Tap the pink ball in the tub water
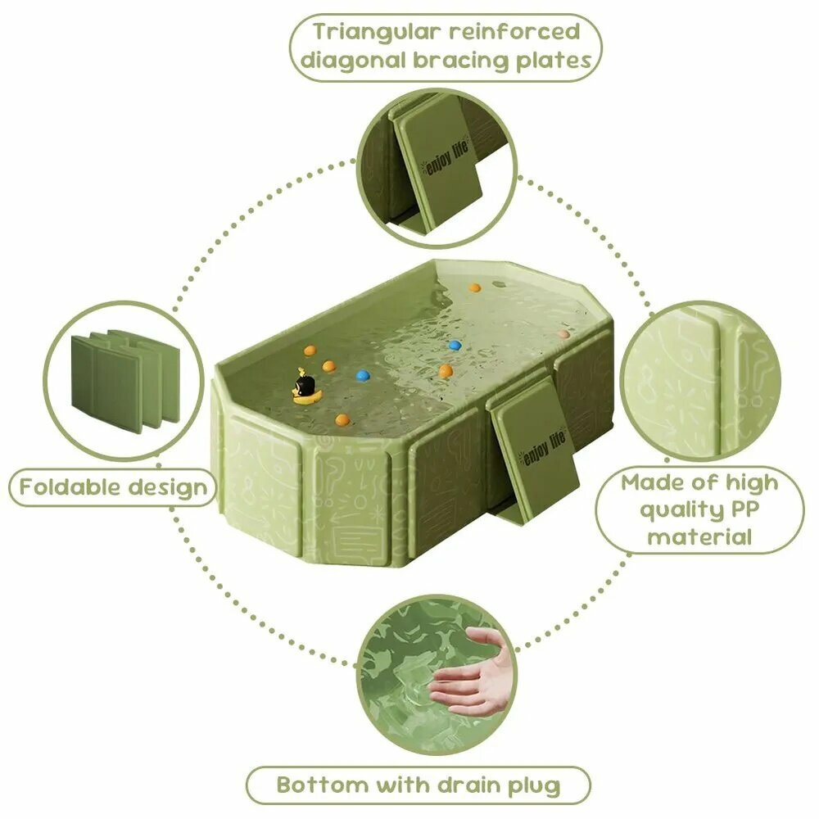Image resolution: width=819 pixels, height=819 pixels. tap(563, 334)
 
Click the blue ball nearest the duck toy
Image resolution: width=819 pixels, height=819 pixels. tap(363, 375)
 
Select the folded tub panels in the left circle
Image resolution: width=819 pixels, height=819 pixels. tap(125, 381)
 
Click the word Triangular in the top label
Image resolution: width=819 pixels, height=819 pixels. tap(377, 34)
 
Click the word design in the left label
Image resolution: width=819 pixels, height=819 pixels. tap(168, 488)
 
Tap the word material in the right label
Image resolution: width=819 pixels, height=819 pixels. tap(699, 536)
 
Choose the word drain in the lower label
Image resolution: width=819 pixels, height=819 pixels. tap(468, 785)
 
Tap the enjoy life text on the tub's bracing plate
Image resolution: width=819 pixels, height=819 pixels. tap(542, 449)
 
